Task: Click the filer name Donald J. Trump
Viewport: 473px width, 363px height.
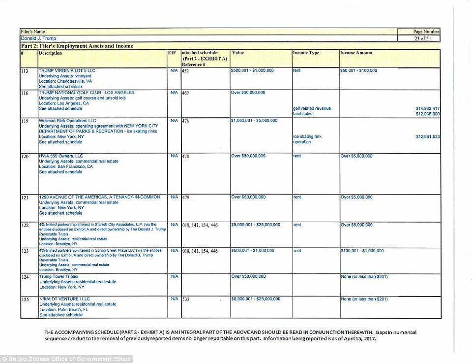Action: (x=38, y=38)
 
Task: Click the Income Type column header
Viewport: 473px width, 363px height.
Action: (x=306, y=53)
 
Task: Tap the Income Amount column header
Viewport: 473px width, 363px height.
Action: (x=356, y=53)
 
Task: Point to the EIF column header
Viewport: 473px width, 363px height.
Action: (x=172, y=53)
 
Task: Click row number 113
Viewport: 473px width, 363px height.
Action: (x=25, y=71)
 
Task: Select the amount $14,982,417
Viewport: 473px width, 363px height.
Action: (x=427, y=108)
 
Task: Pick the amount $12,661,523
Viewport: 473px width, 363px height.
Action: (x=427, y=136)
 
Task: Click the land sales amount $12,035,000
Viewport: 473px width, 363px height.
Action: (x=427, y=114)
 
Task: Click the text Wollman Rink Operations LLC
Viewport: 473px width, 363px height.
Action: (x=67, y=121)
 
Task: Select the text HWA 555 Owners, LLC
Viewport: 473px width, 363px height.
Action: (x=61, y=156)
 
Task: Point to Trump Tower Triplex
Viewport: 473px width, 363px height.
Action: (x=59, y=276)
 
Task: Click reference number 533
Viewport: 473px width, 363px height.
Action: (x=186, y=299)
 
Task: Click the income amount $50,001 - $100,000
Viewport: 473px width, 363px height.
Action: (x=359, y=71)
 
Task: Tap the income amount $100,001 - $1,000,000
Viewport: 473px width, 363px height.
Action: (x=362, y=251)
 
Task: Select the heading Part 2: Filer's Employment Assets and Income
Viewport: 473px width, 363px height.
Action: (x=77, y=46)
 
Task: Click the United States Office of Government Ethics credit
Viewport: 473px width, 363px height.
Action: (x=66, y=359)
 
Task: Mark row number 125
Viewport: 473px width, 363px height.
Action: (x=25, y=299)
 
